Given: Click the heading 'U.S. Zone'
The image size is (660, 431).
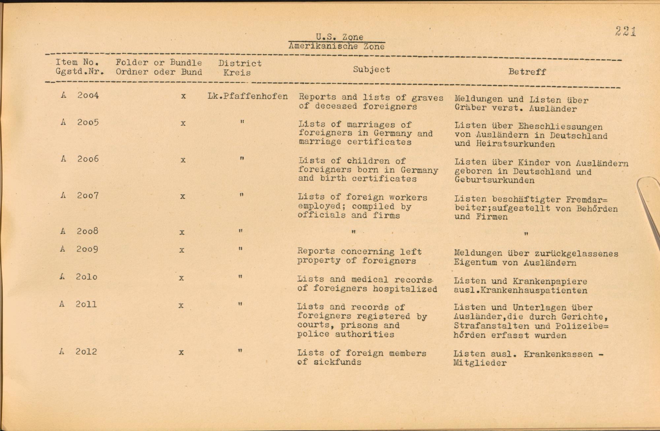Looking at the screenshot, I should (339, 37).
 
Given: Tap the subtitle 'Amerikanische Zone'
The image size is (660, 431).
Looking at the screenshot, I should (336, 46).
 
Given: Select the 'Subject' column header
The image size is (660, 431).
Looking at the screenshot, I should (371, 69).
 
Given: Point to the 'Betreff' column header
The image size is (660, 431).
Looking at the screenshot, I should (527, 72).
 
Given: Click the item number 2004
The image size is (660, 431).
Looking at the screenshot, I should (88, 95).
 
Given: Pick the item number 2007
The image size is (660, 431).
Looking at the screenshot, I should (87, 196).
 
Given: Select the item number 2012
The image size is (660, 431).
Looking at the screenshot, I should (86, 351).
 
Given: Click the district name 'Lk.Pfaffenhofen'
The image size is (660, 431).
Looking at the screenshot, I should (247, 96).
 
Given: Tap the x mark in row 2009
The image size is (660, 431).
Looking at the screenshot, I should (181, 250).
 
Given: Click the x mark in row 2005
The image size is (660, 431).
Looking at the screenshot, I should (183, 124).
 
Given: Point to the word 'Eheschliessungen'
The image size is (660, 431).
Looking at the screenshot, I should (560, 126).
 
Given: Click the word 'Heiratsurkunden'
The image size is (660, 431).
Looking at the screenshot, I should (515, 144).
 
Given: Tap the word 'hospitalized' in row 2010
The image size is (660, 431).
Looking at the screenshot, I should (405, 289).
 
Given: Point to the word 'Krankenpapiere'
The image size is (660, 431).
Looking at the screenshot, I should (550, 281).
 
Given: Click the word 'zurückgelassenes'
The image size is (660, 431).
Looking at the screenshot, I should (577, 254).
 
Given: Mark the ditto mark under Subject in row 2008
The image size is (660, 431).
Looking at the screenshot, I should (353, 232).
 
